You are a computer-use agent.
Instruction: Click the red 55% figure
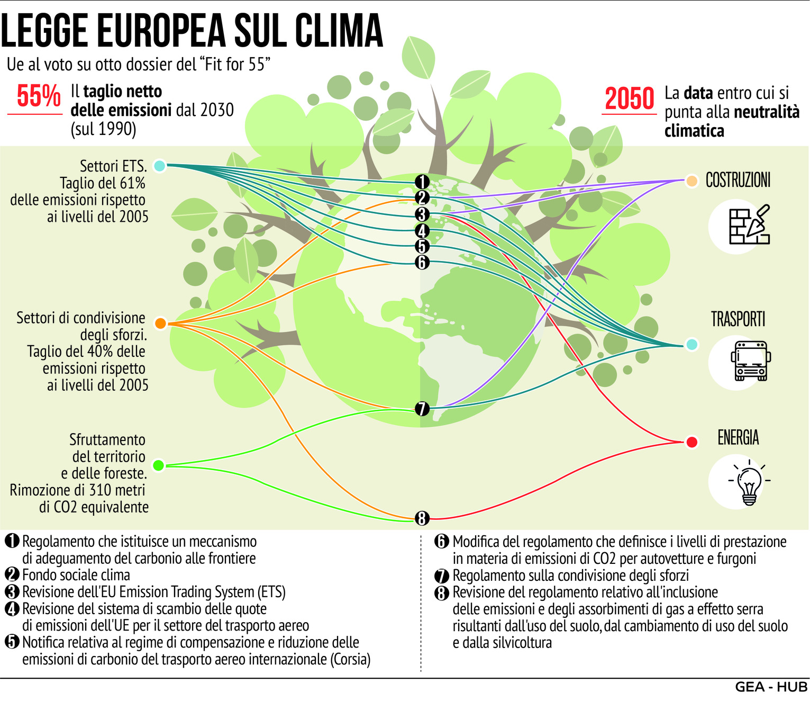click(39, 96)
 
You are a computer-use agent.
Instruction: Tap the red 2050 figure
click(630, 99)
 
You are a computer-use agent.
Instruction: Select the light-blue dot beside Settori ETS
click(159, 166)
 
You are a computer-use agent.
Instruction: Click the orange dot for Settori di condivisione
click(160, 323)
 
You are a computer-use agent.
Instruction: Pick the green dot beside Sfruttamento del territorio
click(158, 465)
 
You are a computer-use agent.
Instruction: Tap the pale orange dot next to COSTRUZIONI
click(691, 181)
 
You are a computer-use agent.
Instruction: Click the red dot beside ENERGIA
click(691, 442)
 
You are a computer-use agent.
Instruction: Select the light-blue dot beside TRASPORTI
click(691, 345)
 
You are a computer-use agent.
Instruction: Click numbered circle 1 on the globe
click(422, 182)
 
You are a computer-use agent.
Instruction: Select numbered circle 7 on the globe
click(422, 409)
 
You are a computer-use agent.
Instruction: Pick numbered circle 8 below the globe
click(422, 518)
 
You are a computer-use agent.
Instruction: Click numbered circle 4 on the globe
click(422, 231)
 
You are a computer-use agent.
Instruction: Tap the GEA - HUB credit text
click(771, 687)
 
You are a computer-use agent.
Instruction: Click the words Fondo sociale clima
click(76, 575)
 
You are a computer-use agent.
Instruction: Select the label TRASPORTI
click(738, 320)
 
